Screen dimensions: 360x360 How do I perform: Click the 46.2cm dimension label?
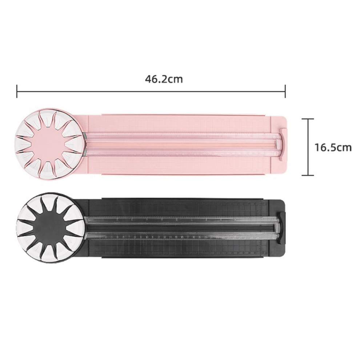(164, 79)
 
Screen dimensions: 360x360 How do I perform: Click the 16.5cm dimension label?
(333, 147)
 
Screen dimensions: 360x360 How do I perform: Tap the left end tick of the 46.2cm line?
(17, 91)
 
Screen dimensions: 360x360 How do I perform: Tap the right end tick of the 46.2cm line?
(285, 91)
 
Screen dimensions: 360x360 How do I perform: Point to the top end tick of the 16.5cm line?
(308, 119)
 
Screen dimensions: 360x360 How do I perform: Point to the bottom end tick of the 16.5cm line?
(308, 175)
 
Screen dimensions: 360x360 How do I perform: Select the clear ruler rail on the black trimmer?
(183, 227)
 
